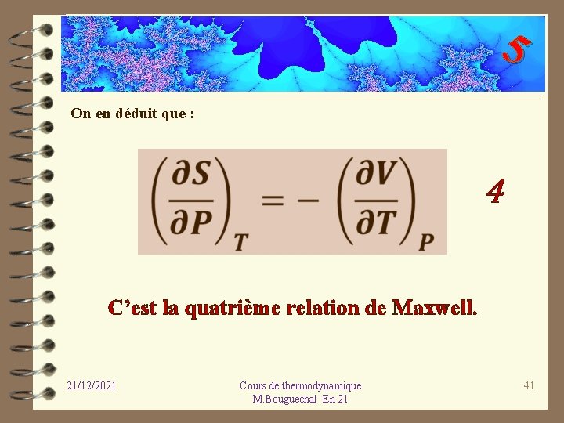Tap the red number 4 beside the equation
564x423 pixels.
coord(495,190)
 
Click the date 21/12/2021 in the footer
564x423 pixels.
coord(92,385)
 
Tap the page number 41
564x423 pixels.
coord(529,385)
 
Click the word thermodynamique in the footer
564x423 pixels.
coord(323,385)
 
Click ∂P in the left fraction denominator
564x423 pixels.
coord(192,223)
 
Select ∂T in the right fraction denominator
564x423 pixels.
coord(376,223)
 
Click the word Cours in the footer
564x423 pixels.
coord(252,385)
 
